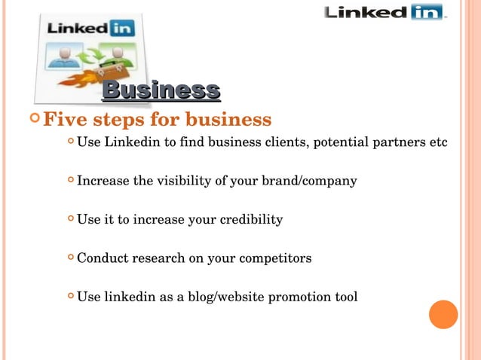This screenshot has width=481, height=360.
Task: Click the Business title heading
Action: coord(161,90)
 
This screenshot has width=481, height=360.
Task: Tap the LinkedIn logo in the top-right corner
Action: coord(384,13)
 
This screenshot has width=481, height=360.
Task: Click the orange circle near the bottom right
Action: coord(443,314)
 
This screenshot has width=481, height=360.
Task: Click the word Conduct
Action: coord(103,258)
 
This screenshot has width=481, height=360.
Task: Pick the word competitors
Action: coord(274,258)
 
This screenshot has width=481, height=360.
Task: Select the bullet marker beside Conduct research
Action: coord(70,258)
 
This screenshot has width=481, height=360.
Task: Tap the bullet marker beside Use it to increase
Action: coord(70,220)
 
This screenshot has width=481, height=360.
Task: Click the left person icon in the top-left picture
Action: coord(64,56)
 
